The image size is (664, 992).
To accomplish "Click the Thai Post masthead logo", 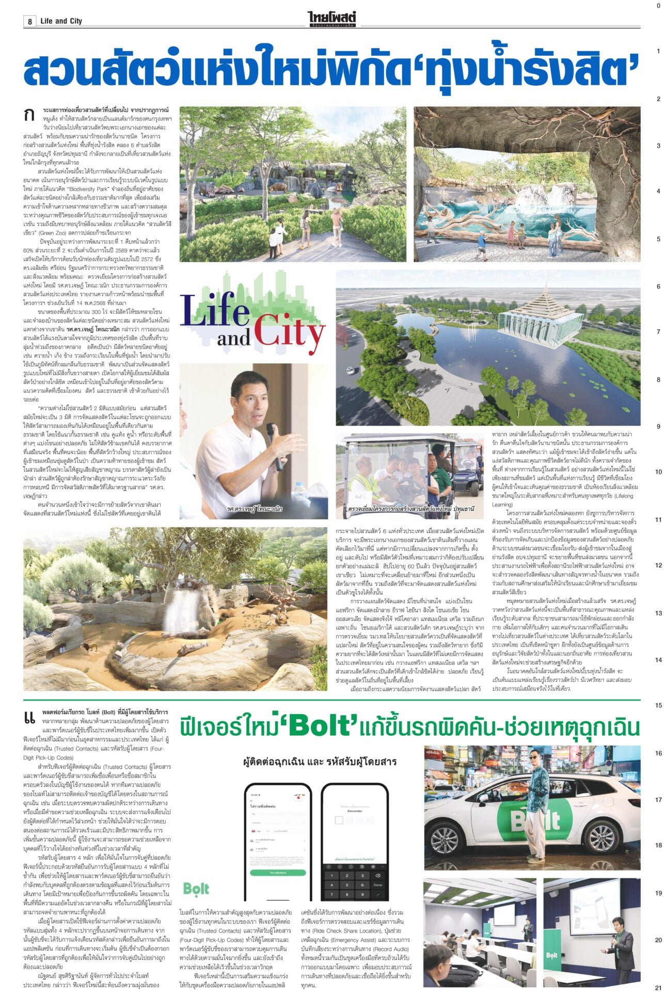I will (333, 19).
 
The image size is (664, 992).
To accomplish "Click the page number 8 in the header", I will (30, 21).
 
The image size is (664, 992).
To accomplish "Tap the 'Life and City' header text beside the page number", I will (61, 21).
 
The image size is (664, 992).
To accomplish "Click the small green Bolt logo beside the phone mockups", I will (196, 889).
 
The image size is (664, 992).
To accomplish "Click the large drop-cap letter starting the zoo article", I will (29, 115).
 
